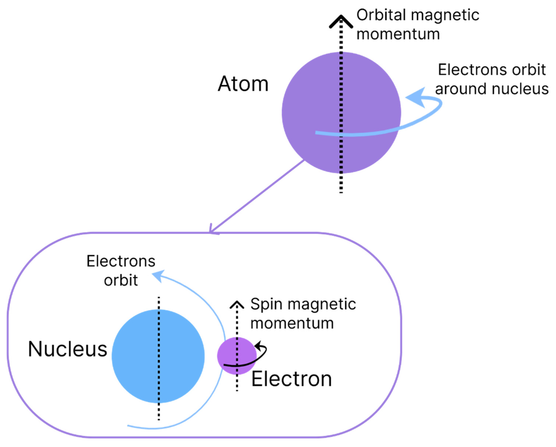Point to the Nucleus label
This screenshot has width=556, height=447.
[x=68, y=349]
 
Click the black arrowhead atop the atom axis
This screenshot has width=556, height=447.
[x=341, y=21]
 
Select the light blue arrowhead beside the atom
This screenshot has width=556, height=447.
[x=416, y=97]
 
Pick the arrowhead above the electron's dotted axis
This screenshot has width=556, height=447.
[x=237, y=305]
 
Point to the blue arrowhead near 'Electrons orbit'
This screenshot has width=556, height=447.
[x=158, y=276]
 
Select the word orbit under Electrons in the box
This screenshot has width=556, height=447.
[x=121, y=281]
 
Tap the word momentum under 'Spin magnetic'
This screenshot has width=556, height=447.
[x=292, y=324]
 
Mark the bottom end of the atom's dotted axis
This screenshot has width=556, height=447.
[x=341, y=192]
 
